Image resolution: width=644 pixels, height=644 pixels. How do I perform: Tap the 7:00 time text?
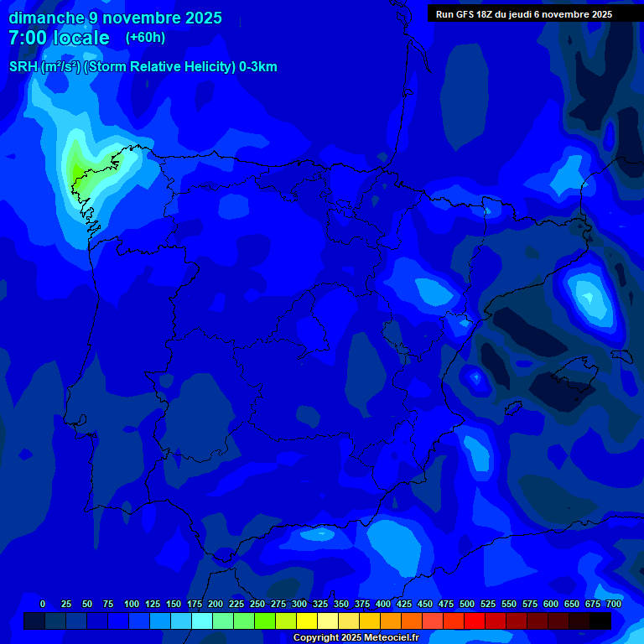tap(28, 39)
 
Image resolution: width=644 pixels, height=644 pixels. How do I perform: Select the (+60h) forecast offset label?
tap(145, 38)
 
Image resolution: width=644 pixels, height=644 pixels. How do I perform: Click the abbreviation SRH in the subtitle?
tap(23, 67)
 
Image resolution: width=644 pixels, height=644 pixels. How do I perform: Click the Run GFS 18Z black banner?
tap(524, 14)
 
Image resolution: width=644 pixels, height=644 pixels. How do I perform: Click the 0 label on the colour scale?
tap(43, 604)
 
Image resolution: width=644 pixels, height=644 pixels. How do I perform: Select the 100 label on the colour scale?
tap(131, 604)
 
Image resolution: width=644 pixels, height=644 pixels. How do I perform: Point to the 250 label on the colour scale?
tap(257, 604)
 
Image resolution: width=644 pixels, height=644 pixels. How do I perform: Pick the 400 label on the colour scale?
tap(383, 604)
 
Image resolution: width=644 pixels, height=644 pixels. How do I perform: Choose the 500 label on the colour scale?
tap(467, 604)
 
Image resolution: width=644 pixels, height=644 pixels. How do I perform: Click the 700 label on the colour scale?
tap(613, 604)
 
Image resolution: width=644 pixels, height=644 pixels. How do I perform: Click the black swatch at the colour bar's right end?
tap(600, 621)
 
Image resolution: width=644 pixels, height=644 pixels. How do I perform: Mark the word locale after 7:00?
tap(81, 39)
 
